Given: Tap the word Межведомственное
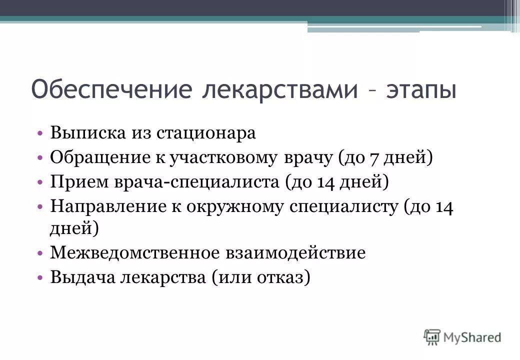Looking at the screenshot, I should pyautogui.click(x=134, y=252).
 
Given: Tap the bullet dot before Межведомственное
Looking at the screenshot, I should pyautogui.click(x=40, y=253).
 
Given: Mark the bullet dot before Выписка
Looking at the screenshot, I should pyautogui.click(x=40, y=133).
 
